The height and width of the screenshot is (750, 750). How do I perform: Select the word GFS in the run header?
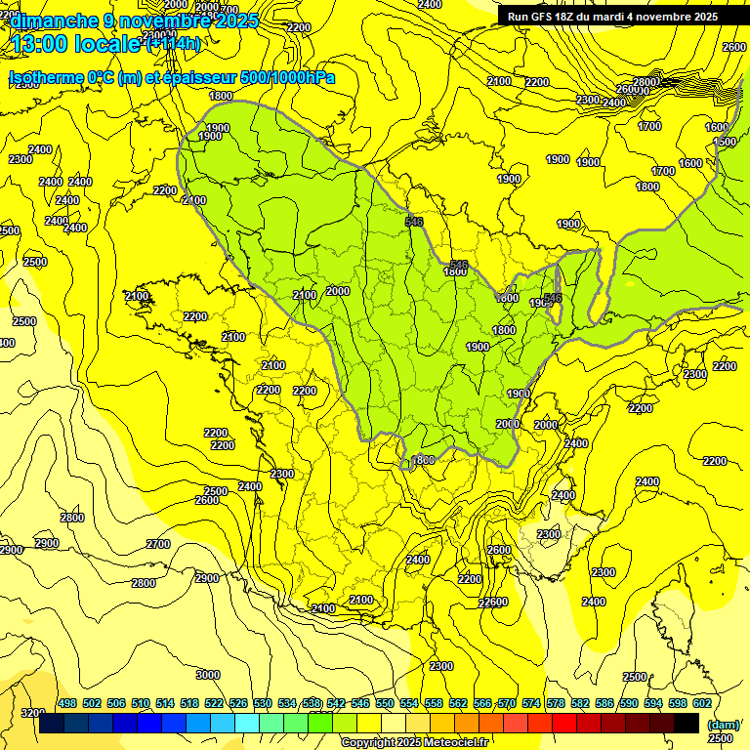click(548, 17)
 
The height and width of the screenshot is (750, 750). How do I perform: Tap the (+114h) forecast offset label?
click(174, 44)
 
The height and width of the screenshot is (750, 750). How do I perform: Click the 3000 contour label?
click(207, 675)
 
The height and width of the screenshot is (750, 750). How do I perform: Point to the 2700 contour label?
click(157, 544)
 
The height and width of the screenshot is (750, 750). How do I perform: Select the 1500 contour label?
click(725, 143)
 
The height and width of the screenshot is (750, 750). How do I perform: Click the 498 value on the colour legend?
click(67, 703)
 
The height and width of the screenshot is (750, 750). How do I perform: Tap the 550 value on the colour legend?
click(385, 703)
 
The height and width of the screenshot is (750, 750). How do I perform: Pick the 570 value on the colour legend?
click(506, 703)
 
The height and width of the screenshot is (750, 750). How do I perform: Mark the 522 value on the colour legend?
click(214, 703)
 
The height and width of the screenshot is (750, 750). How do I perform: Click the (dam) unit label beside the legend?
click(723, 724)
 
